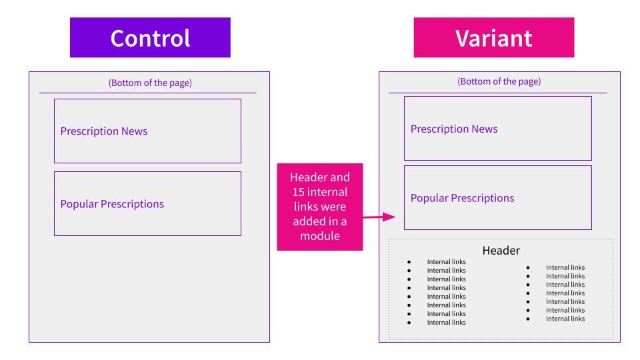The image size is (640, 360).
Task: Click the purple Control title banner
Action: [150, 37]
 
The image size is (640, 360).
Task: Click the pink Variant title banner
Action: [494, 37]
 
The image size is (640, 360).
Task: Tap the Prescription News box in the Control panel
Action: [148, 131]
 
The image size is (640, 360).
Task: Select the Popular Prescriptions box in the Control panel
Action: [148, 204]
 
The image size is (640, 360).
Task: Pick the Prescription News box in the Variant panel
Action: [498, 129]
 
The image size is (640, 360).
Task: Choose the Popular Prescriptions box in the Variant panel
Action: [498, 198]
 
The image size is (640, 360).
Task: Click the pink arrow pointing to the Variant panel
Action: [379, 217]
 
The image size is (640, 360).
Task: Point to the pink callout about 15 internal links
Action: [320, 207]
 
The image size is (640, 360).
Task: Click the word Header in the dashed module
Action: [501, 250]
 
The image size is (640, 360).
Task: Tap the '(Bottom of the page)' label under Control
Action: [150, 83]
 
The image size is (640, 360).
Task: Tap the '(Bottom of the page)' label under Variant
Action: [499, 81]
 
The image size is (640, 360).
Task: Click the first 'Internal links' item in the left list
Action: [446, 261]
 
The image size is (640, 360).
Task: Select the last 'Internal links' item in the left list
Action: [446, 323]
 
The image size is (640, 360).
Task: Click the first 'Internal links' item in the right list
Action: [565, 267]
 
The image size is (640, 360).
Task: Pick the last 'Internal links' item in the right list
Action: [565, 319]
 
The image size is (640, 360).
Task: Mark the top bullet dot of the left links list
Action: [409, 262]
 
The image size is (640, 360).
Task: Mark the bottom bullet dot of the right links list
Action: [528, 319]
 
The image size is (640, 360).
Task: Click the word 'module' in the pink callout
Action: [320, 236]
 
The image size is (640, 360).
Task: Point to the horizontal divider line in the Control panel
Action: [147, 93]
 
